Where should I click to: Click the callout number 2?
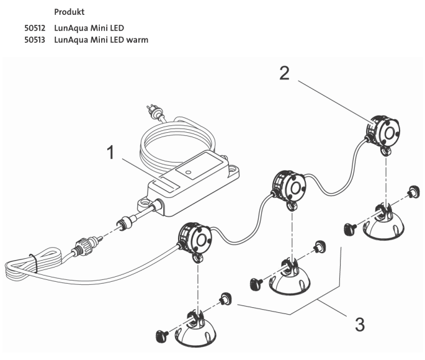click(284, 73)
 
